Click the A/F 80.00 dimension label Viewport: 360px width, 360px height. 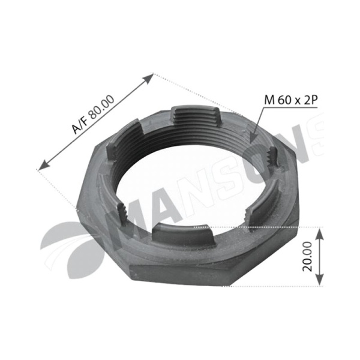tap(93, 114)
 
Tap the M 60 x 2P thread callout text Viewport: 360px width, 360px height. tap(291, 100)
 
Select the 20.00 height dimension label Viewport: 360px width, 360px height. tap(307, 257)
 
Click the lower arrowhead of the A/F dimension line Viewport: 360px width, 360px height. tap(43, 166)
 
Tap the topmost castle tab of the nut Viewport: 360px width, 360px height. tap(196, 116)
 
